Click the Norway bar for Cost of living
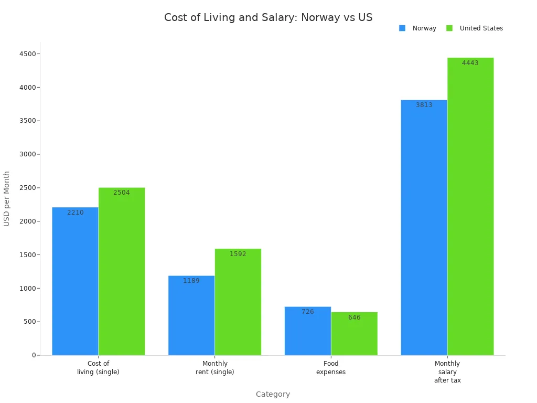[75, 283]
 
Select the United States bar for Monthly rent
[238, 304]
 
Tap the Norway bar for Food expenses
[308, 333]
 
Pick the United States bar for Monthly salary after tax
[470, 210]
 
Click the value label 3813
[424, 105]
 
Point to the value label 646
[354, 317]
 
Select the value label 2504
[122, 193]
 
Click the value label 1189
[191, 281]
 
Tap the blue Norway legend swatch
[402, 28]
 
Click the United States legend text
[481, 28]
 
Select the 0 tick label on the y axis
[34, 355]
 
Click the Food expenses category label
[331, 367]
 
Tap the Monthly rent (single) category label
[215, 367]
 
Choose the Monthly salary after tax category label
[447, 372]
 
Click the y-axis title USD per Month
[7, 198]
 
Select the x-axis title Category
[273, 394]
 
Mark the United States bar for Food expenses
[354, 336]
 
